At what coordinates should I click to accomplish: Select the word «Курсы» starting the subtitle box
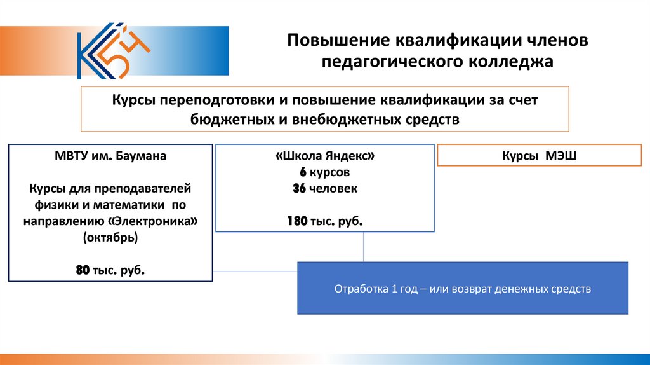pyautogui.click(x=134, y=100)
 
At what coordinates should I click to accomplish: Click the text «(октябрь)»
pyautogui.click(x=110, y=237)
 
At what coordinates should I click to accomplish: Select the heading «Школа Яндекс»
pyautogui.click(x=325, y=156)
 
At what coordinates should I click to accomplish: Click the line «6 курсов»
pyautogui.click(x=325, y=172)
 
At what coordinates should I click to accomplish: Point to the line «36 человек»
pyautogui.click(x=325, y=188)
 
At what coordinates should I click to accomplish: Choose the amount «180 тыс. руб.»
pyautogui.click(x=325, y=221)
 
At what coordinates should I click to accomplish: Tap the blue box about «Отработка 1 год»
pyautogui.click(x=463, y=288)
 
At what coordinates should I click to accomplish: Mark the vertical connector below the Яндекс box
pyautogui.click(x=363, y=247)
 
